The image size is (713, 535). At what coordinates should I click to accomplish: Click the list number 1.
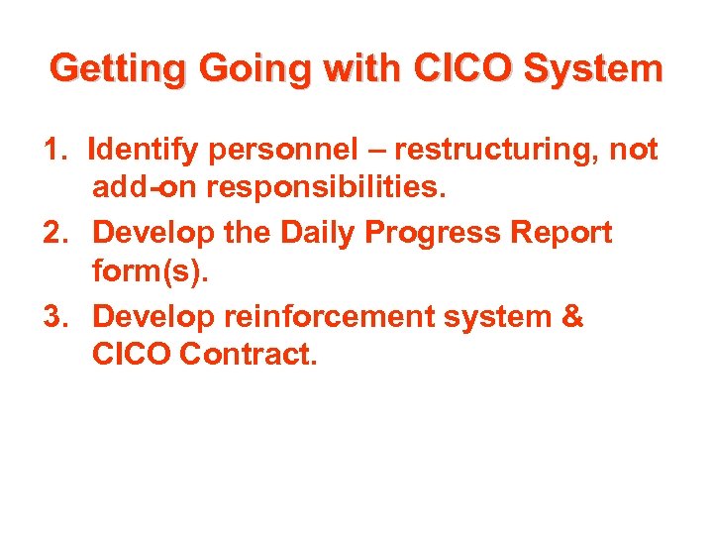click(55, 150)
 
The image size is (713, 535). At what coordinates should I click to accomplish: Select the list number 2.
click(55, 234)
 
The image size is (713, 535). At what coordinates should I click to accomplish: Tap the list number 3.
click(55, 318)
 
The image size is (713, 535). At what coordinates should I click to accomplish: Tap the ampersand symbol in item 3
click(572, 318)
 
